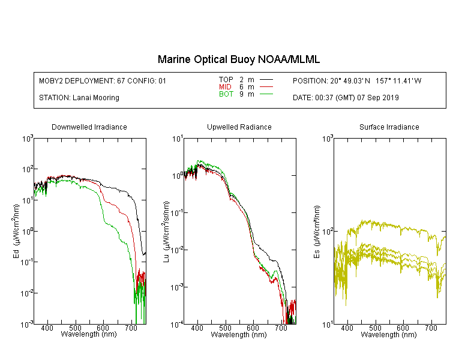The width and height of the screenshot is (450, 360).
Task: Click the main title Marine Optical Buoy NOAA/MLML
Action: tap(238, 59)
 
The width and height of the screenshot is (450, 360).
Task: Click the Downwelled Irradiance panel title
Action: tap(89, 127)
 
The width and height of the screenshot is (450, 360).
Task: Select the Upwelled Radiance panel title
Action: tap(239, 127)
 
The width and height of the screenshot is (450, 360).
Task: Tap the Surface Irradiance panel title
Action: tap(389, 127)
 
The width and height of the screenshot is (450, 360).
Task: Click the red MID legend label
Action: tap(225, 86)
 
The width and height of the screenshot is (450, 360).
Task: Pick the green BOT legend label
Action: tap(226, 94)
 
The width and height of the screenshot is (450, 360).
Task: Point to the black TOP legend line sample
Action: tap(266, 80)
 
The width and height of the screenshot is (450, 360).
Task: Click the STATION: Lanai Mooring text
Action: tap(79, 98)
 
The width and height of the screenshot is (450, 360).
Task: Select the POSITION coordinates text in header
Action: tap(357, 80)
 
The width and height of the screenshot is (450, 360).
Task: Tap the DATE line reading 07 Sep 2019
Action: tap(346, 98)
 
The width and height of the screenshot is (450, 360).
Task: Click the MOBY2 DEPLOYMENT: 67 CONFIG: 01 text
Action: tap(103, 80)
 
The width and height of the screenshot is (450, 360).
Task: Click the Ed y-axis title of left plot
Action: tap(16, 231)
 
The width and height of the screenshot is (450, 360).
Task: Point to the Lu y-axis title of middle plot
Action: tap(166, 232)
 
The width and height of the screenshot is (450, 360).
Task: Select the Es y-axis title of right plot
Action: tap(317, 232)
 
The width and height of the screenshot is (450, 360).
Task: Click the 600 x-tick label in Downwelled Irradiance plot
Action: tap(103, 328)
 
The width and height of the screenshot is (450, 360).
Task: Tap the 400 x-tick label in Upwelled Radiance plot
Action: tap(197, 328)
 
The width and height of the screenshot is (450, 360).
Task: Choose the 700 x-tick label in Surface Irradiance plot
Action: tap(431, 328)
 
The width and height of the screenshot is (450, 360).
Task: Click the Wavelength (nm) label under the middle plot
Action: tap(239, 335)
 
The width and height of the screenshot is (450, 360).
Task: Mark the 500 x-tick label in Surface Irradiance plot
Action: tap(375, 328)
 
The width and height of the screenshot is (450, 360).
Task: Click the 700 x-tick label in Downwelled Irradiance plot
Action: tap(131, 328)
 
